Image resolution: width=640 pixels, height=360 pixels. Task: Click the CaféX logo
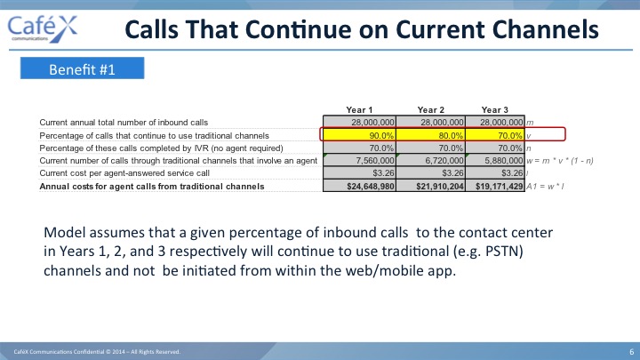tap(43, 29)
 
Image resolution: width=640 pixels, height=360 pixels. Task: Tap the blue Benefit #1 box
tap(82, 68)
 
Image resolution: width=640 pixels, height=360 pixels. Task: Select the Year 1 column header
tap(359, 110)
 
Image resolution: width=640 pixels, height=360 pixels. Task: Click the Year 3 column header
tap(495, 110)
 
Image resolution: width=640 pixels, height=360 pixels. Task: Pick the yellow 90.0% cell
tap(360, 135)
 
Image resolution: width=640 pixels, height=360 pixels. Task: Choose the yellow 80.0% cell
tap(430, 135)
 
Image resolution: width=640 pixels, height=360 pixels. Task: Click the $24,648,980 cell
tap(360, 186)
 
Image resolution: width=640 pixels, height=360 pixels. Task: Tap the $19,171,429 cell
tap(495, 186)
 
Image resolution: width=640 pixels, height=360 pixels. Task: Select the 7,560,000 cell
tap(360, 160)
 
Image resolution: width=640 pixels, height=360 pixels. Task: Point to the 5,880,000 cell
tap(495, 160)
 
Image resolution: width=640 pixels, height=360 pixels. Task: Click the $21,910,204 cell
tap(430, 186)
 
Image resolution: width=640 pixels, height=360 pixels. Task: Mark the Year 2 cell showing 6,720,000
tap(430, 160)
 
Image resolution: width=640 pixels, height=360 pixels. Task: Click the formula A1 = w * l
tap(545, 187)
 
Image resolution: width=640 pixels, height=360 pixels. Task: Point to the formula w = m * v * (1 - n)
tap(560, 161)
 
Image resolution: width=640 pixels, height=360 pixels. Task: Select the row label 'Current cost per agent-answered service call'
tap(124, 173)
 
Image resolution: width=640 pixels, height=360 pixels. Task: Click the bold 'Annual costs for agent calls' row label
tap(152, 187)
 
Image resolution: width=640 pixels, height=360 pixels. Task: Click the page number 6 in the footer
tap(631, 351)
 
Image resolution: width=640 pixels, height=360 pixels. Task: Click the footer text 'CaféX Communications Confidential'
tap(61, 351)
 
